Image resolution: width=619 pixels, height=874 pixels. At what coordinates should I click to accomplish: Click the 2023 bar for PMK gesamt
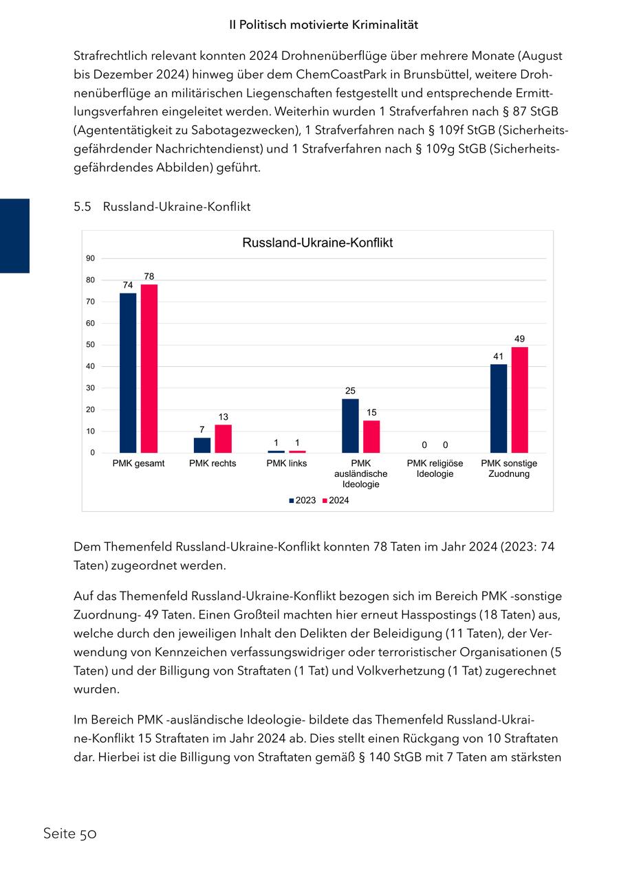128,372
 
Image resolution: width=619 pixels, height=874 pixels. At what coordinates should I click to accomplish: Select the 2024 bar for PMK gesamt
149,368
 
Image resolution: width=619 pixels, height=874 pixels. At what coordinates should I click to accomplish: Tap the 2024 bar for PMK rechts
224,438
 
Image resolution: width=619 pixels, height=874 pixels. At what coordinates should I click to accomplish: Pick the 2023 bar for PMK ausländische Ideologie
350,425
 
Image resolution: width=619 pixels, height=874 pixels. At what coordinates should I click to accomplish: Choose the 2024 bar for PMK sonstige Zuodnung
520,400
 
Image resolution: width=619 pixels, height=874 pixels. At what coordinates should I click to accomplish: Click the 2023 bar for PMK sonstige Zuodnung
499,408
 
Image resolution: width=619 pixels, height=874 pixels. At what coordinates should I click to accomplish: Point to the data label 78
149,276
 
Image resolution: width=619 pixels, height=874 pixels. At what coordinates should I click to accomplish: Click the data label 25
350,391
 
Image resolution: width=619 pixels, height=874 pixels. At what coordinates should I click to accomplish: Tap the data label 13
224,417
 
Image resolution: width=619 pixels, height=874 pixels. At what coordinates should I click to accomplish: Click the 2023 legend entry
302,500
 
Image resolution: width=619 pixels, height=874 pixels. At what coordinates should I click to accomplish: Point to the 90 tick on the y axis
91,258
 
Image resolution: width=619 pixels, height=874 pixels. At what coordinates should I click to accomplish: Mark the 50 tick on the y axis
91,345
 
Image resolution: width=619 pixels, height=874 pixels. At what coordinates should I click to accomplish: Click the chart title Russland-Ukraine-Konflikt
317,243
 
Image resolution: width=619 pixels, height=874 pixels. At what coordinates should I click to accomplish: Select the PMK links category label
287,463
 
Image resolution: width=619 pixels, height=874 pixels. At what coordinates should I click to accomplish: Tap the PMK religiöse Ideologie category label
435,469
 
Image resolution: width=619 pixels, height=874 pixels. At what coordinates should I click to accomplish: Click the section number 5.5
83,206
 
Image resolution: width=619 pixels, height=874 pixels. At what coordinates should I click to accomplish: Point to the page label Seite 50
69,834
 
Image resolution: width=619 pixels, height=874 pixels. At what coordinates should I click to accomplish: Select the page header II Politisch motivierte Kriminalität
323,25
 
